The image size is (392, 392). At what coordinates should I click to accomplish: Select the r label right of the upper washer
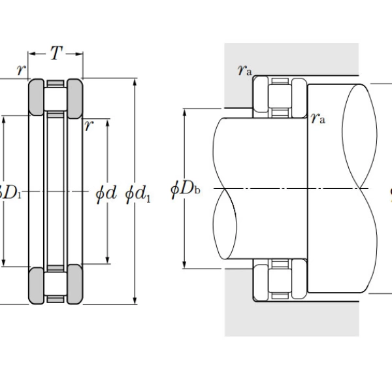(88, 125)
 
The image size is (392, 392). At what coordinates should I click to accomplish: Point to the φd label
(106, 193)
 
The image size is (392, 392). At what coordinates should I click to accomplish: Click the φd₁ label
(137, 193)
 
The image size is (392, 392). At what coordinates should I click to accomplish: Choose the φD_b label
(185, 189)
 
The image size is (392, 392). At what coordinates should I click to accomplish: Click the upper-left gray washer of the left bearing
(35, 95)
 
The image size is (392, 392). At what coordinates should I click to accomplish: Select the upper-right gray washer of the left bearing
(74, 95)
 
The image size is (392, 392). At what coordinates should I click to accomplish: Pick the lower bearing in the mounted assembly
(280, 282)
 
